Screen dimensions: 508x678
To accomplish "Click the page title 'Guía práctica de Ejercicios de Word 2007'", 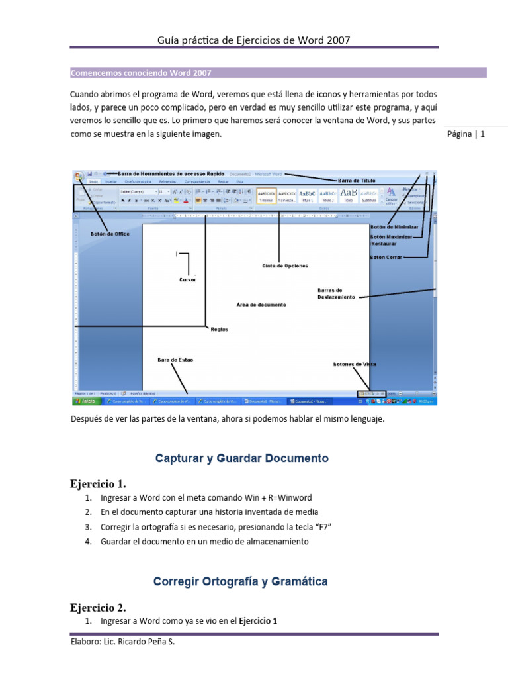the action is point(253,40).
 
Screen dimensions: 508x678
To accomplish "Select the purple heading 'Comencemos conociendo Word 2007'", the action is point(141,73).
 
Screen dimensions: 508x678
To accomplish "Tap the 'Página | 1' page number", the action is point(466,134).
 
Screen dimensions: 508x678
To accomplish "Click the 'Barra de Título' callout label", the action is point(357,180).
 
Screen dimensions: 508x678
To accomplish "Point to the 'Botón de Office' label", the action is point(110,234).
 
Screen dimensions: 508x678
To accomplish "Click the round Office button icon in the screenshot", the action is point(79,175).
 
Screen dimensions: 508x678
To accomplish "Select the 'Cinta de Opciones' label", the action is point(285,266).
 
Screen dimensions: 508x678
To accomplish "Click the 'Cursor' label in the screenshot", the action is point(187,279).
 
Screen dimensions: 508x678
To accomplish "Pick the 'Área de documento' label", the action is point(261,305).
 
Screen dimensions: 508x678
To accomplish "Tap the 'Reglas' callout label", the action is point(219,329).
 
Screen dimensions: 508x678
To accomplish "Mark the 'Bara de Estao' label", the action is point(175,360).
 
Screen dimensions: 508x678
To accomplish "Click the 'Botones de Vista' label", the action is point(355,364).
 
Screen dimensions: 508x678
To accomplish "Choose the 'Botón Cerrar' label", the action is point(386,257).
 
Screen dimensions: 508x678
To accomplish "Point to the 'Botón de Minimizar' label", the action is point(394,226).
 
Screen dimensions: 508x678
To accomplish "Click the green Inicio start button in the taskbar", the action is point(88,401).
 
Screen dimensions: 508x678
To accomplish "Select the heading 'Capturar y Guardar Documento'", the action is point(241,458).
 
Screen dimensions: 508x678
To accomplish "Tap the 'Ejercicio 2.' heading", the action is point(98,607).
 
